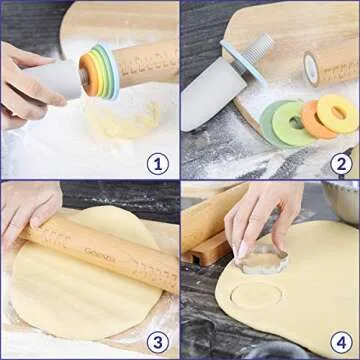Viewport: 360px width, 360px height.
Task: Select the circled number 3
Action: pyautogui.click(x=156, y=340)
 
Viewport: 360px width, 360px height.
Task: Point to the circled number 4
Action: pyautogui.click(x=340, y=340)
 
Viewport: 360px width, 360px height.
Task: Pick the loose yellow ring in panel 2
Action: pyautogui.click(x=338, y=112)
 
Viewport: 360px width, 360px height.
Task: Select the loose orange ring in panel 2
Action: pyautogui.click(x=318, y=120)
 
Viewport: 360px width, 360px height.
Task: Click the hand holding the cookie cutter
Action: pyautogui.click(x=260, y=215)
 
